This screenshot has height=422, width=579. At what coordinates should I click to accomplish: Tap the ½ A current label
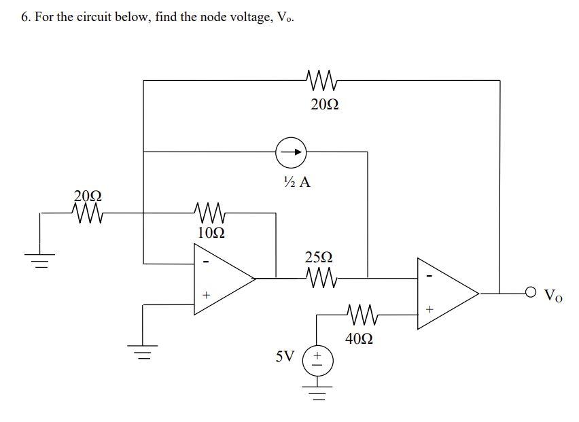pos(294,182)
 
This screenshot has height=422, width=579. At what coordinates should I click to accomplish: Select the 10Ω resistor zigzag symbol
pos(209,213)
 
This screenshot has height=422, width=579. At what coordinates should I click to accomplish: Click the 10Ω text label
pos(210,232)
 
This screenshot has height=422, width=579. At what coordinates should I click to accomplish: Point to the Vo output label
pos(553,296)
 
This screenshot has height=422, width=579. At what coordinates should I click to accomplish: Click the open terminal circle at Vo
pos(530,294)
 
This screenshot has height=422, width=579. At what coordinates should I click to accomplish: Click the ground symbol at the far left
pos(41,260)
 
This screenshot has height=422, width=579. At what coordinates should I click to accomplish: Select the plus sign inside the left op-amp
pos(207,295)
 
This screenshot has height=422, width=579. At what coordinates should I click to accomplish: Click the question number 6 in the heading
pos(24,17)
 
